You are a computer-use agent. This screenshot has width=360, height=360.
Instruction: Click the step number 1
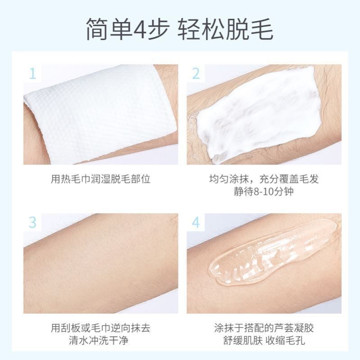pyautogui.click(x=32, y=73)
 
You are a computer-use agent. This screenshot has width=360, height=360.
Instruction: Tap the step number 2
pyautogui.click(x=196, y=73)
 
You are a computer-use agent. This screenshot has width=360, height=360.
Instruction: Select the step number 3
pyautogui.click(x=32, y=222)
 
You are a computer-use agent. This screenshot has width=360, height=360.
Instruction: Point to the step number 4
pyautogui.click(x=196, y=222)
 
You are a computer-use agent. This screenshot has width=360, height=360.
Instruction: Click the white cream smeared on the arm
pyautogui.click(x=259, y=113)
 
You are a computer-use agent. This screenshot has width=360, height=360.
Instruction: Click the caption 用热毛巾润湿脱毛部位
pyautogui.click(x=100, y=179)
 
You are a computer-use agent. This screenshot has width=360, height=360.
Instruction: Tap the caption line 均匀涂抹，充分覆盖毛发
pyautogui.click(x=264, y=179)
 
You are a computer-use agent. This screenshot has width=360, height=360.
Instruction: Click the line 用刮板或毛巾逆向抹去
pyautogui.click(x=100, y=328)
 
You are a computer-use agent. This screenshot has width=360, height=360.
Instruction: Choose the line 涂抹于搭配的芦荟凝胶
pyautogui.click(x=264, y=328)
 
